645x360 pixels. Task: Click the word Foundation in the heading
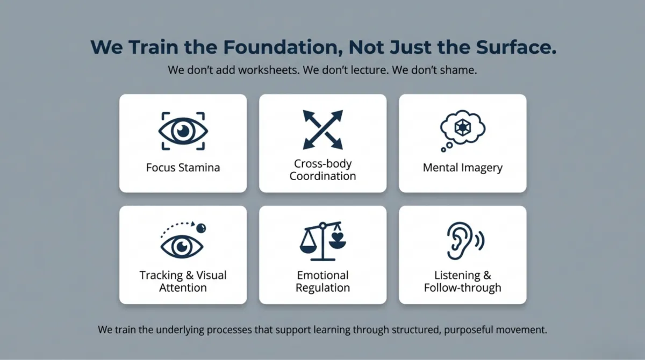[x=283, y=47]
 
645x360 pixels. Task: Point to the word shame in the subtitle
[x=460, y=70]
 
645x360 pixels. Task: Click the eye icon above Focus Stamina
[x=183, y=131]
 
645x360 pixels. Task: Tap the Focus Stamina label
[x=183, y=167]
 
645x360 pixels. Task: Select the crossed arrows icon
[x=322, y=129]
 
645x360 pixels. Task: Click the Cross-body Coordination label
[x=322, y=169]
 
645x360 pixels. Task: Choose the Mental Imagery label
[x=462, y=167]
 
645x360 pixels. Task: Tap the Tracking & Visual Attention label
[x=183, y=281]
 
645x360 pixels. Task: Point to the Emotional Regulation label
[x=322, y=281]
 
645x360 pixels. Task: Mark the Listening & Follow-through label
[x=462, y=281]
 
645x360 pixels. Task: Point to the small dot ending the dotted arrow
[x=201, y=228]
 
